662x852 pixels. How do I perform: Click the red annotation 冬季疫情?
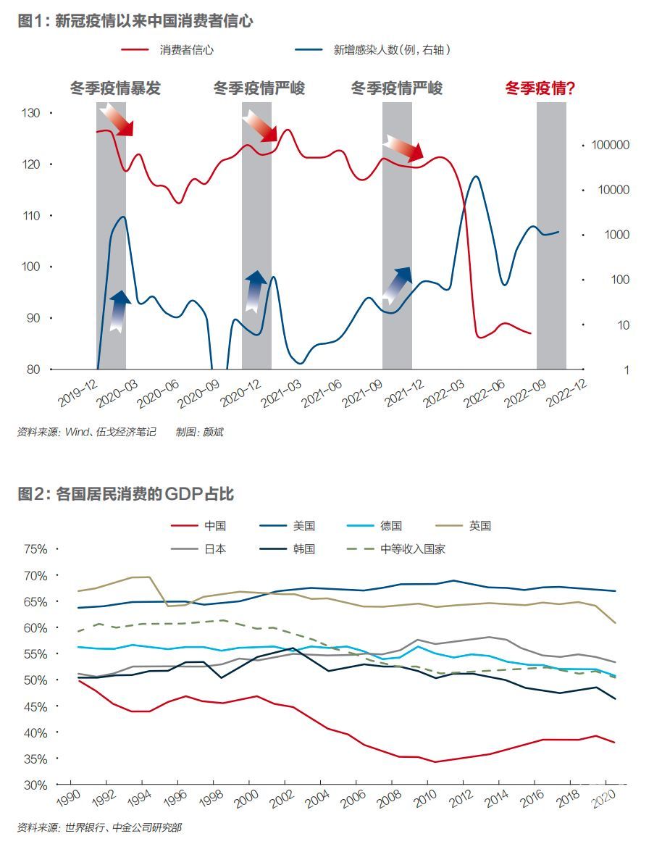click(540, 88)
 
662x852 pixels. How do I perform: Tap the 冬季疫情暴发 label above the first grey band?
click(115, 88)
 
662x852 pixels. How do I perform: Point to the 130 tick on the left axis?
click(32, 113)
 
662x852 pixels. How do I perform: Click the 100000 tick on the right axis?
click(610, 145)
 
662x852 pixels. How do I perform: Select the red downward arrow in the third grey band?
click(403, 148)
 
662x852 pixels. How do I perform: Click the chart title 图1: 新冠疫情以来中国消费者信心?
click(135, 21)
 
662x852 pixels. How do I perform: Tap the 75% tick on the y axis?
click(35, 549)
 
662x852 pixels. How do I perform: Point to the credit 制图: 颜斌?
click(199, 433)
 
